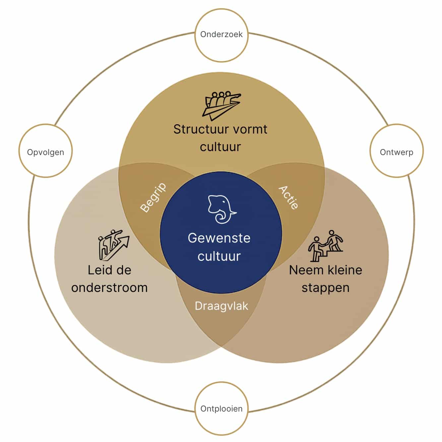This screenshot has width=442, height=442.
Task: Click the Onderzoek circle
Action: click(221, 34)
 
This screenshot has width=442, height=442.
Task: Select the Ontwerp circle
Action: click(396, 152)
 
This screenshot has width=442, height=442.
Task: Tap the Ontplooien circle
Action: click(221, 409)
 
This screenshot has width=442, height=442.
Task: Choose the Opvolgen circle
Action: click(45, 152)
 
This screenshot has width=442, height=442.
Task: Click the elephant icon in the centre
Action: click(221, 209)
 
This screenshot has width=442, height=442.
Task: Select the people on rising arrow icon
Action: click(113, 245)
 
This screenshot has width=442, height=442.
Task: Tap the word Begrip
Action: click(153, 197)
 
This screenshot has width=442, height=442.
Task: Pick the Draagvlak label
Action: click(221, 306)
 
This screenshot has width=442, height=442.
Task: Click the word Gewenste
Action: click(219, 238)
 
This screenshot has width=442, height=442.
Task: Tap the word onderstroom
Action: click(109, 288)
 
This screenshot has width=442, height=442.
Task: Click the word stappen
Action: click(325, 288)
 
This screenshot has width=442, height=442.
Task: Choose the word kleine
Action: click(345, 270)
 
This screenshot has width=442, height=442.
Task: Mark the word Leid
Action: click(98, 270)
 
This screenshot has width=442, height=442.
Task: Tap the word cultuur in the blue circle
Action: click(219, 256)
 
